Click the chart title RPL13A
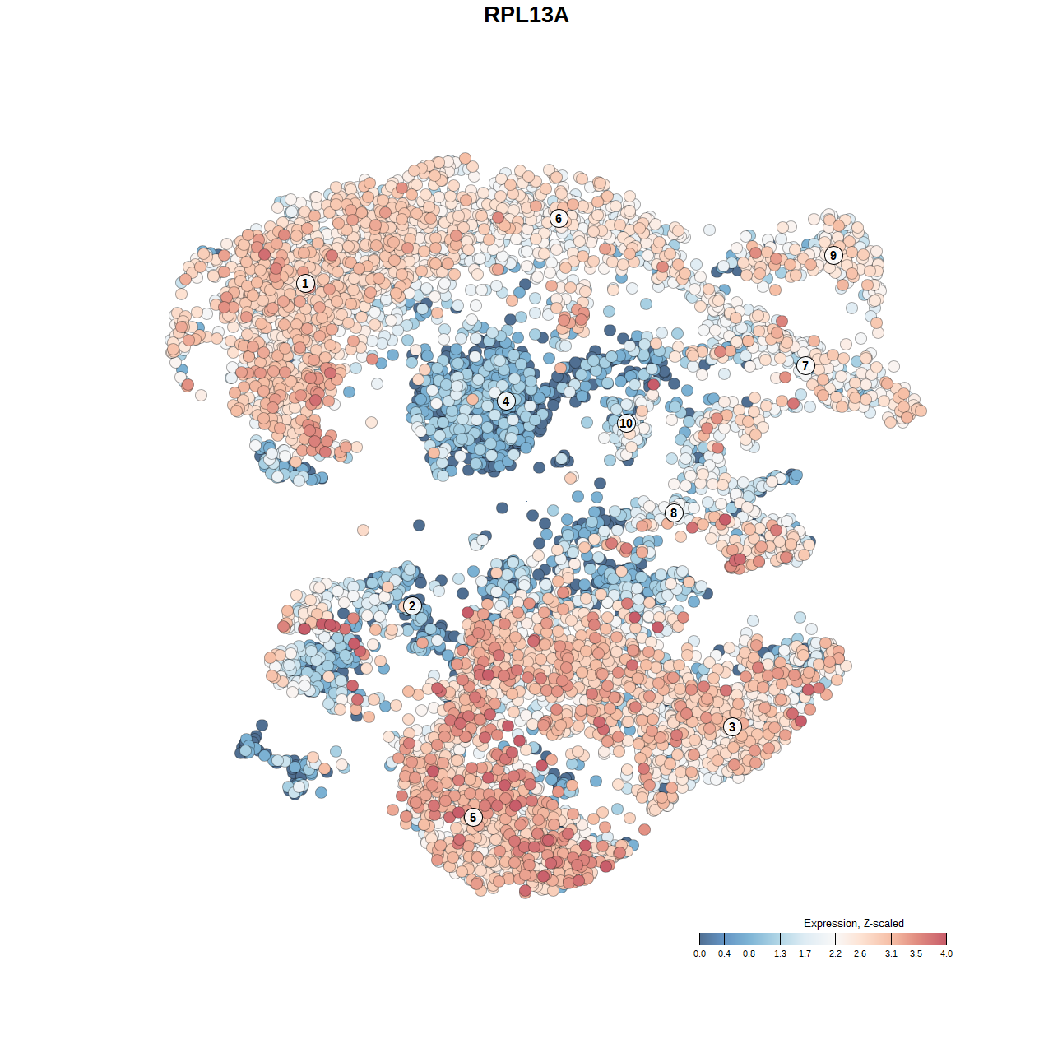point(526,15)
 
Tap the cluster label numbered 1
point(305,283)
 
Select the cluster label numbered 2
point(412,606)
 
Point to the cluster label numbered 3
point(732,726)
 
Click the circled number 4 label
point(506,401)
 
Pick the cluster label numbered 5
point(472,817)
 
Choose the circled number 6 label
point(559,218)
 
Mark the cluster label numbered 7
point(805,365)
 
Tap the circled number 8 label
point(674,513)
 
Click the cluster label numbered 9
point(833,255)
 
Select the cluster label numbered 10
point(626,424)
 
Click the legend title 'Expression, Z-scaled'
point(853,923)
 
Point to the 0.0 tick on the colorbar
point(699,953)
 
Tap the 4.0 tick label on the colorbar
point(946,953)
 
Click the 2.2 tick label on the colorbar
point(835,953)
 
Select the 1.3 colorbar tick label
point(780,953)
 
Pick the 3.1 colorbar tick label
point(891,953)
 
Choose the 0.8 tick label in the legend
point(749,953)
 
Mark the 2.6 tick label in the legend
point(860,953)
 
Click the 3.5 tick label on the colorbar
point(916,953)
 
